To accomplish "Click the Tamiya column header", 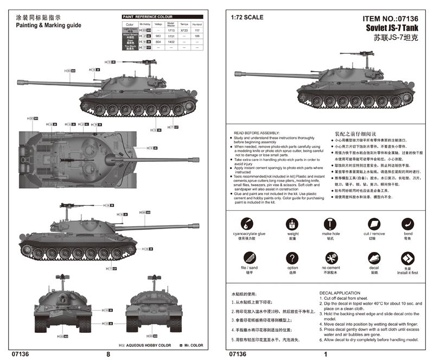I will [x=184, y=24].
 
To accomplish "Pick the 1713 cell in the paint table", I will [x=170, y=30].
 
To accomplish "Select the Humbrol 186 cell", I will [x=197, y=36].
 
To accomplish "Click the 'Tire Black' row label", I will [x=130, y=47].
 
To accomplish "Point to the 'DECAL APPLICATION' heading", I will [x=340, y=293].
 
